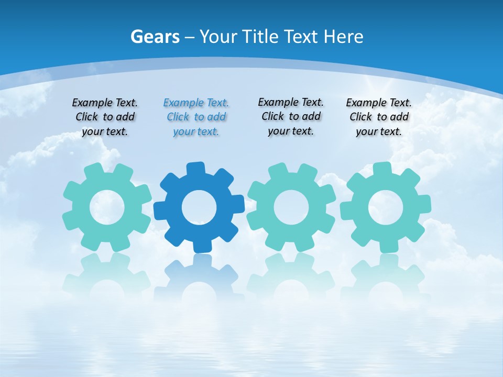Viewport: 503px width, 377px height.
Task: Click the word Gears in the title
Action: point(155,37)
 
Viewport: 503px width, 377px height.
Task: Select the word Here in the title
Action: point(343,37)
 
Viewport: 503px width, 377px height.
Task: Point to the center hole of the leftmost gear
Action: point(107,207)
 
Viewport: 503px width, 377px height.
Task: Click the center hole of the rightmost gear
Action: point(385,207)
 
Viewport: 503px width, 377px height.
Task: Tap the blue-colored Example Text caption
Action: point(196,117)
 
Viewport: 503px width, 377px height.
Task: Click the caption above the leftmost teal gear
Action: point(105,117)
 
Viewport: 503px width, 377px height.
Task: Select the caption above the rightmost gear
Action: point(379,117)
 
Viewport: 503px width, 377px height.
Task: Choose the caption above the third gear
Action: point(291,116)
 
